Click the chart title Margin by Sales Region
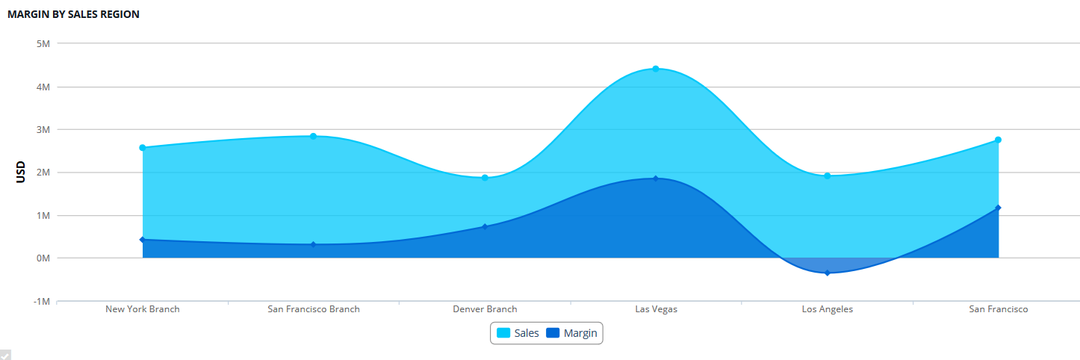[x=73, y=14]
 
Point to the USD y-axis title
[x=21, y=173]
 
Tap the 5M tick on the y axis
[x=43, y=43]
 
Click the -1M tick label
[x=41, y=301]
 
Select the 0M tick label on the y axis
[x=43, y=258]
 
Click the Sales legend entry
[x=518, y=333]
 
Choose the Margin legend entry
[x=572, y=333]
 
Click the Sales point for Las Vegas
[x=656, y=69]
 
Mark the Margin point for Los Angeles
[x=827, y=273]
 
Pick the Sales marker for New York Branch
[x=142, y=148]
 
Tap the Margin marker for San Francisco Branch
[x=314, y=244]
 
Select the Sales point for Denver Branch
[x=485, y=178]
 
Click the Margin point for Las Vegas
[x=656, y=179]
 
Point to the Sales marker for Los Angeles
[x=827, y=176]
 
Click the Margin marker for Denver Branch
[x=485, y=226]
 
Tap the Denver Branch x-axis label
[x=485, y=309]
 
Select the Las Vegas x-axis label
[x=656, y=309]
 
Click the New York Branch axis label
[x=142, y=309]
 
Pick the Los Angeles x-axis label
[x=827, y=309]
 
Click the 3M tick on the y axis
[x=43, y=129]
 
